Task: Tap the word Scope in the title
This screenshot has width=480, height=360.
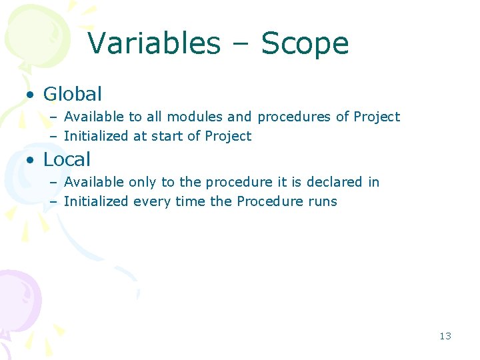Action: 305,45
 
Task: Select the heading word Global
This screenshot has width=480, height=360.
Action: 73,94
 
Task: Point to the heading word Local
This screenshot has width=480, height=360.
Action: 67,159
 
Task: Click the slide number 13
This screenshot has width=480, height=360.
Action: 445,336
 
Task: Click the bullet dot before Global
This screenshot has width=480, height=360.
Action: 31,95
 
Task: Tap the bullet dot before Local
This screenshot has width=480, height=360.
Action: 31,160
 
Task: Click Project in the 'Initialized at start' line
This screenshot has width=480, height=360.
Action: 228,136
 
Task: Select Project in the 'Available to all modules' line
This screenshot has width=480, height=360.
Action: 377,117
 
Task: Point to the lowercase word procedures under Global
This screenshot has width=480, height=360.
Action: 294,117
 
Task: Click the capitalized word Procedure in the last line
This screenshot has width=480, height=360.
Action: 267,201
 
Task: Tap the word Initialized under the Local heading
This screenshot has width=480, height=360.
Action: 95,201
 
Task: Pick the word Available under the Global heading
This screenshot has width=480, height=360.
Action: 94,117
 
